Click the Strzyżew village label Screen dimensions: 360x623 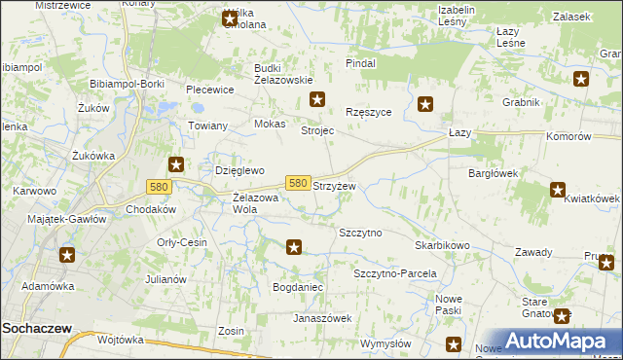(333, 186)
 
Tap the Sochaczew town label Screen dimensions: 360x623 (36, 329)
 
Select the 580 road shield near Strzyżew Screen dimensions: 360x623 (298, 183)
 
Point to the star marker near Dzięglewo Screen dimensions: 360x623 (176, 164)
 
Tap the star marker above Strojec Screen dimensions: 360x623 (317, 99)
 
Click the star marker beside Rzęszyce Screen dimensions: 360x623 (425, 103)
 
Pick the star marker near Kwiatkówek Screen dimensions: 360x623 (558, 191)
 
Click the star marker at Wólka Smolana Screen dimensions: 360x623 (230, 18)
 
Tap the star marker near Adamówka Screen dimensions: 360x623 (67, 255)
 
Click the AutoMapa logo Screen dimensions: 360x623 (548, 341)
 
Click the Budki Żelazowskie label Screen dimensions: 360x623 (282, 74)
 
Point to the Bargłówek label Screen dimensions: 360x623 (491, 173)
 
